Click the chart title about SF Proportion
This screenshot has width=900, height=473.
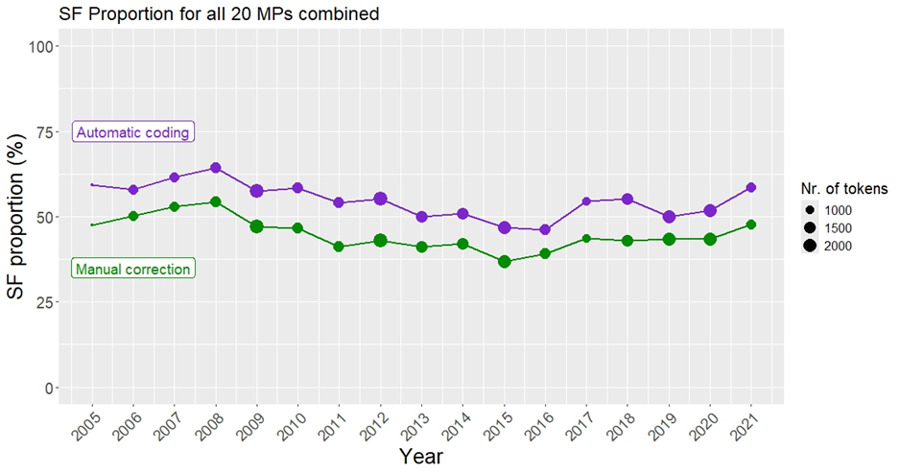coord(219,13)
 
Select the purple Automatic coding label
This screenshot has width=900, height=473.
coord(133,132)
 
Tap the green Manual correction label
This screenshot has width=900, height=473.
coord(133,270)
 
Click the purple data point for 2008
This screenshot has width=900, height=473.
coord(216,168)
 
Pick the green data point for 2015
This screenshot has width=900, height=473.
coord(504,261)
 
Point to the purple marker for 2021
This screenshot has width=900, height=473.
coord(751,187)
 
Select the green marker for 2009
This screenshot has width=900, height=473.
coord(257,226)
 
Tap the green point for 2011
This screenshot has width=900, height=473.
coord(339,247)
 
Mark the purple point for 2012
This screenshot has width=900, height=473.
coord(380,199)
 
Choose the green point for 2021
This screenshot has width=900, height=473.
coord(751,225)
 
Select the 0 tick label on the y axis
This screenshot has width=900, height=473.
coord(45,388)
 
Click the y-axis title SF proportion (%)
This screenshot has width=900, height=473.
coord(17,217)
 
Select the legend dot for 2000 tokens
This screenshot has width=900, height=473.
coord(810,246)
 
